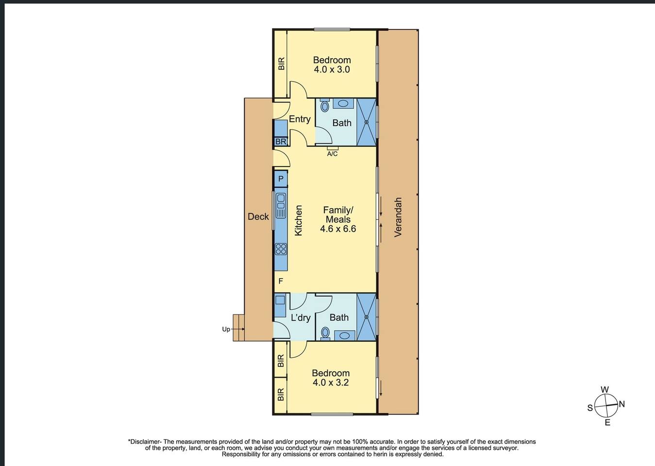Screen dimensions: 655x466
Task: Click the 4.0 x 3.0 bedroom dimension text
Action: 332,69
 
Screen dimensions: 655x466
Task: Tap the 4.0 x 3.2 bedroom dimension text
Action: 331,383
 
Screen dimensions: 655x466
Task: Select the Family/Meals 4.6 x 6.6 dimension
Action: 338,229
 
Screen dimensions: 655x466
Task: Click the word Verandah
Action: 398,217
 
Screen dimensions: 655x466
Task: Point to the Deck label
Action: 258,216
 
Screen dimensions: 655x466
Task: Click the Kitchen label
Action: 298,220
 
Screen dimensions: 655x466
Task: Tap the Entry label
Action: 300,119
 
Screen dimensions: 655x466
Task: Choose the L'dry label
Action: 301,317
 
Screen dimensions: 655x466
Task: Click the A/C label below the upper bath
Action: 332,154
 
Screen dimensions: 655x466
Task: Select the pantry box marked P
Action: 281,179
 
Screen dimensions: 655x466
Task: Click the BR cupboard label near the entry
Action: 281,142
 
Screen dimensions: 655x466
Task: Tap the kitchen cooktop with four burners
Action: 281,250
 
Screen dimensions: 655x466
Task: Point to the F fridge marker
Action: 281,281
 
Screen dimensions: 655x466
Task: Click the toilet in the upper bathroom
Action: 325,105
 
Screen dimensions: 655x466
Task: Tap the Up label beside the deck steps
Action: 226,330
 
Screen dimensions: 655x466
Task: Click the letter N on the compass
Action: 621,404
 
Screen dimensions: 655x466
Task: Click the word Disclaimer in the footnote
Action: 145,442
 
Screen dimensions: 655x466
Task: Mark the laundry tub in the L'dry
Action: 280,300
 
